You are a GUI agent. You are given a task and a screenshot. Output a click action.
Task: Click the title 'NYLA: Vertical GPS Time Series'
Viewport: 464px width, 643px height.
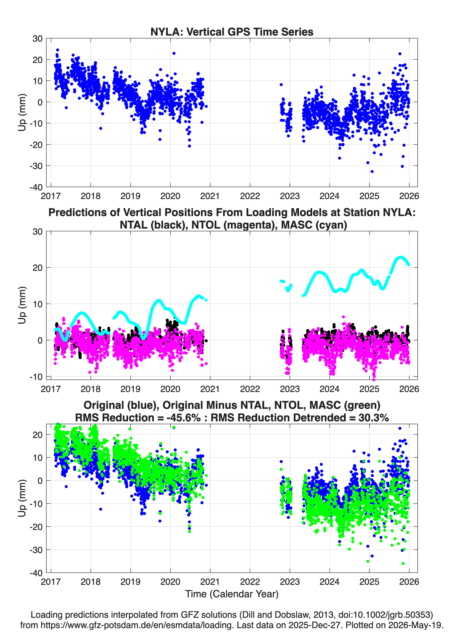(232, 32)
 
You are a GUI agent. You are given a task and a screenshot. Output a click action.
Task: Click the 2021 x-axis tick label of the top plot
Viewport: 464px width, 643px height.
(210, 196)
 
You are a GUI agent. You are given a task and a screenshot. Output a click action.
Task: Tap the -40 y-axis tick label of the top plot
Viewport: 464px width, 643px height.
(36, 187)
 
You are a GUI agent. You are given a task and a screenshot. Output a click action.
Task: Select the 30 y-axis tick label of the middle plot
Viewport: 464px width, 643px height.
(37, 232)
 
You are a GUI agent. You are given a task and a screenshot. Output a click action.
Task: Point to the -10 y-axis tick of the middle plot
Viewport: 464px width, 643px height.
(47, 376)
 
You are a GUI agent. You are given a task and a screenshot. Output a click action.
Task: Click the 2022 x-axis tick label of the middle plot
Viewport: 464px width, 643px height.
(250, 389)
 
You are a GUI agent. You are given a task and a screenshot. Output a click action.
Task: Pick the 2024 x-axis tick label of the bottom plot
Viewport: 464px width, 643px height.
(329, 582)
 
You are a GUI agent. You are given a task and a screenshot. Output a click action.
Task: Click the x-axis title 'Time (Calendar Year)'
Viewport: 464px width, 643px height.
(232, 594)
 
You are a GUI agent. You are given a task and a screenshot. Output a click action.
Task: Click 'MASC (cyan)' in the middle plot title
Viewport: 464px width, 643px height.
(314, 225)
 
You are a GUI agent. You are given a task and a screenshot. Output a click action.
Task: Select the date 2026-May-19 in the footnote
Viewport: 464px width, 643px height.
(416, 625)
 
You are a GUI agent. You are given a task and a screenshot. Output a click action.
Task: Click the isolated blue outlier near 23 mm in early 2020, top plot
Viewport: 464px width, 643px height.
(174, 53)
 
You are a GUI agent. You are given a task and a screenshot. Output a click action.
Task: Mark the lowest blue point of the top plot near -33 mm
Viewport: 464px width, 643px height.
(372, 171)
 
